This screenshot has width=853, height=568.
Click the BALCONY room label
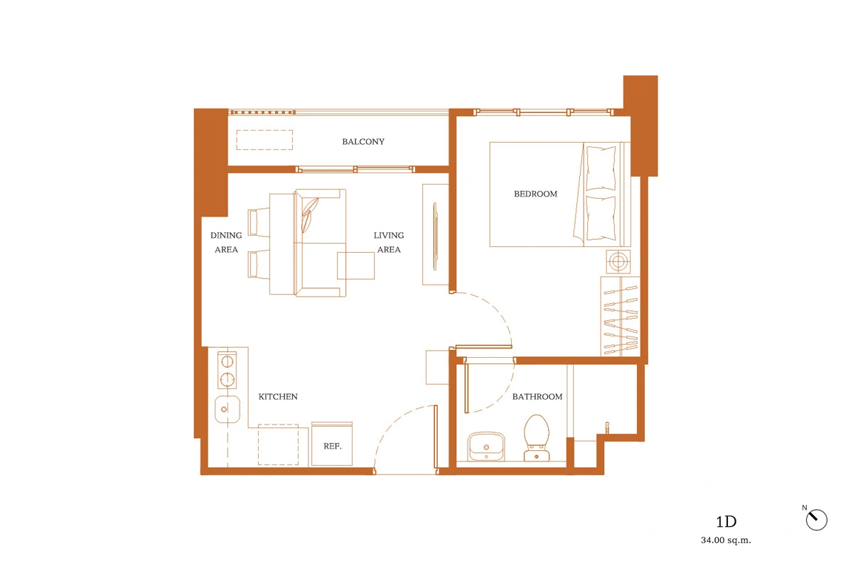(x=363, y=141)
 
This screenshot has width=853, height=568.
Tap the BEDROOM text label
(x=535, y=194)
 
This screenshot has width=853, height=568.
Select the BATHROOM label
(x=537, y=396)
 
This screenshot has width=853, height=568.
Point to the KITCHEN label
(x=278, y=396)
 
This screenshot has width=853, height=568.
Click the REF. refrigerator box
(x=332, y=444)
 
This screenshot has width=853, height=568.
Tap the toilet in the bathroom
(x=536, y=438)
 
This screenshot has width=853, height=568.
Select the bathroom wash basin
(x=486, y=447)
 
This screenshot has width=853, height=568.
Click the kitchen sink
(x=227, y=410)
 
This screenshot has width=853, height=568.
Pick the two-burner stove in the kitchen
(x=227, y=370)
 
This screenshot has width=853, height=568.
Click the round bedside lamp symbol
(x=618, y=262)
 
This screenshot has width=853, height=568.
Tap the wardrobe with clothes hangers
(x=621, y=317)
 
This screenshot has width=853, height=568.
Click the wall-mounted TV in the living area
(x=435, y=236)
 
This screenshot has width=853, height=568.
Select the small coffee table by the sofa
(x=355, y=266)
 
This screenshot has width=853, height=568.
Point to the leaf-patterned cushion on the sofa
(x=309, y=215)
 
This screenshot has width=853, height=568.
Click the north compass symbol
(x=816, y=519)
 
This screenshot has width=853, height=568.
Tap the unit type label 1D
(x=726, y=522)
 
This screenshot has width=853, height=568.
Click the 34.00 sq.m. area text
(x=726, y=540)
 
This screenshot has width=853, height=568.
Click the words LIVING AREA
(x=389, y=242)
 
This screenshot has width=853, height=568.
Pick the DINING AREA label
(x=226, y=242)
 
